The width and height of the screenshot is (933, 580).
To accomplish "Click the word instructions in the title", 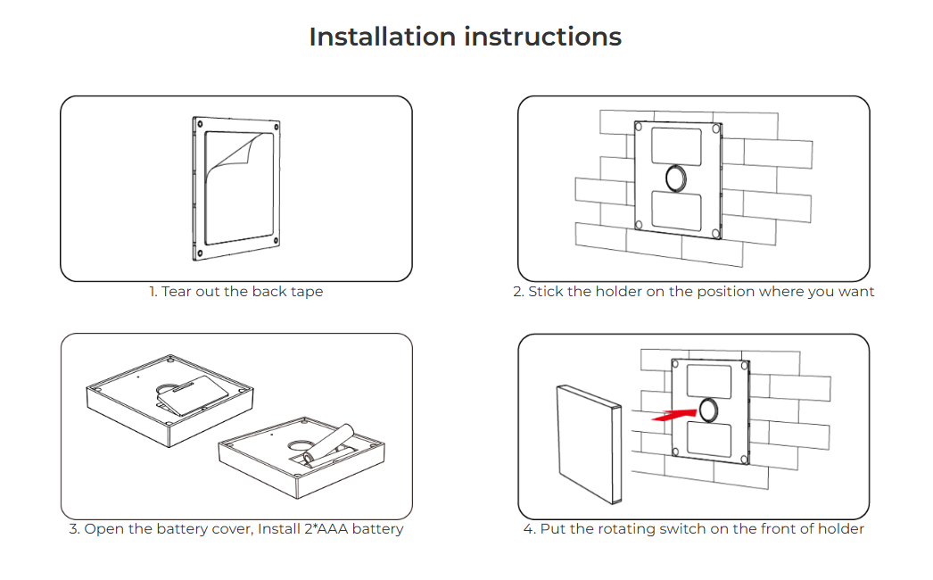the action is coord(543,37).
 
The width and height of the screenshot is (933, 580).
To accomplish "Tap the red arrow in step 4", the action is coord(673,414).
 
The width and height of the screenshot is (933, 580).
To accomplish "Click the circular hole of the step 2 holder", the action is coord(676,178).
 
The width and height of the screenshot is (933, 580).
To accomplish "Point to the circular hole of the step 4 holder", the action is coord(709,410).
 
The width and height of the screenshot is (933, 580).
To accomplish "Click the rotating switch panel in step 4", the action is coord(589,444).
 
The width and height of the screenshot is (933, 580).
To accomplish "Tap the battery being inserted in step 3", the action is coord(331,444).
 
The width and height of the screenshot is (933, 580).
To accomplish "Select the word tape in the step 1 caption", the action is coord(307,292).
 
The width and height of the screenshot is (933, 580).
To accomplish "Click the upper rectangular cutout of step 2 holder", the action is coord(676,146).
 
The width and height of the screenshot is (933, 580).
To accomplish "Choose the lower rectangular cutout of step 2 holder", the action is coord(676,211).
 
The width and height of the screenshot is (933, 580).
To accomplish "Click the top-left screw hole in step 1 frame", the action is coord(200,124).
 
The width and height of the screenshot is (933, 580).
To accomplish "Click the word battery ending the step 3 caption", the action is coord(377,529).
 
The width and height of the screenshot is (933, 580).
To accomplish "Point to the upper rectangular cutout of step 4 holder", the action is coord(709,381).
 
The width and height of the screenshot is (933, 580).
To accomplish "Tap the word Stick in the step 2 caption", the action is coord(545,291).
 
